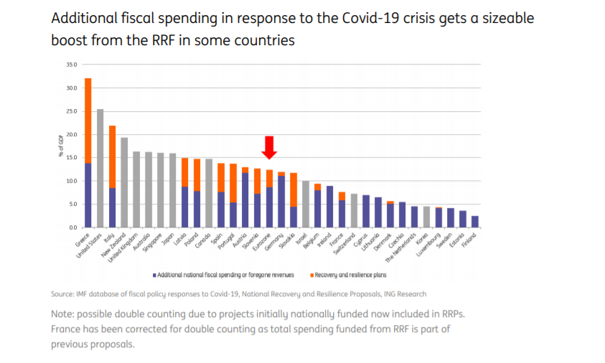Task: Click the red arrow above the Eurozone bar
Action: (269, 147)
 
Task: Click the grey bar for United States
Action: (100, 168)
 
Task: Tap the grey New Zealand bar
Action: (124, 182)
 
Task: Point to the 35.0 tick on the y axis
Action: (71, 65)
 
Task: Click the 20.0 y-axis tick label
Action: (71, 134)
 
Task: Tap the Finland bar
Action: (474, 222)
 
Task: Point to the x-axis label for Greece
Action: (83, 237)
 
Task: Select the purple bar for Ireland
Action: (329, 207)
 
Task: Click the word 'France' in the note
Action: (68, 329)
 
